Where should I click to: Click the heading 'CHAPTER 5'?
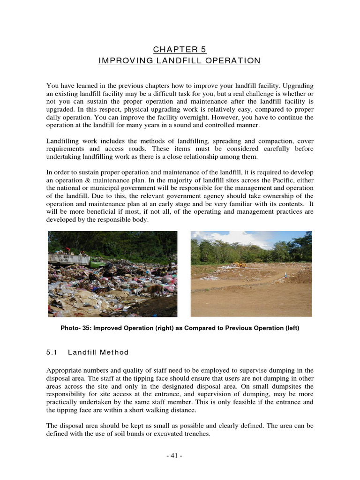point(180,49)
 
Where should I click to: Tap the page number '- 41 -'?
point(180,456)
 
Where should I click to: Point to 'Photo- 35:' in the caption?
point(76,328)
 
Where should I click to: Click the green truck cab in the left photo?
point(97,263)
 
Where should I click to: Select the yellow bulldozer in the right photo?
point(240,264)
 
